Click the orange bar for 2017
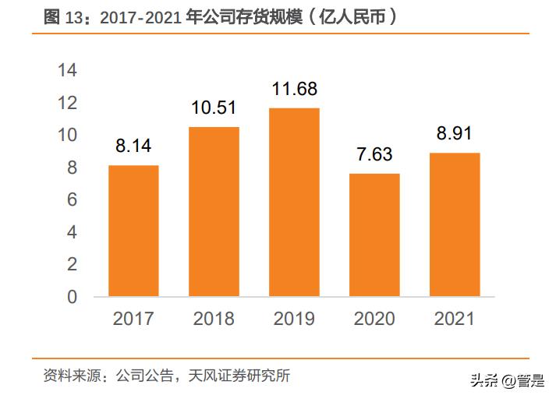[x=133, y=231]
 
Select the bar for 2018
[x=214, y=211]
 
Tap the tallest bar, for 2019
[x=294, y=202]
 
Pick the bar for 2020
[x=374, y=235]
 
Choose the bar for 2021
[x=455, y=224]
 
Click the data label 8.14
[x=133, y=146]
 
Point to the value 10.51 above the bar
[x=214, y=108]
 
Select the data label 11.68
[x=294, y=89]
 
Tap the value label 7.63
[x=374, y=154]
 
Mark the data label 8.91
[x=455, y=133]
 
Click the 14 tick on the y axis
[x=68, y=71]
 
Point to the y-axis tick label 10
[x=68, y=136]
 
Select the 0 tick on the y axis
[x=73, y=297]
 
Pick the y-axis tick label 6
[x=73, y=200]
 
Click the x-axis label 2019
[x=294, y=319]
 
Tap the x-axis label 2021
[x=455, y=319]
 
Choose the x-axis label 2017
[x=133, y=319]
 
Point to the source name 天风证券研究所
[x=245, y=376]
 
